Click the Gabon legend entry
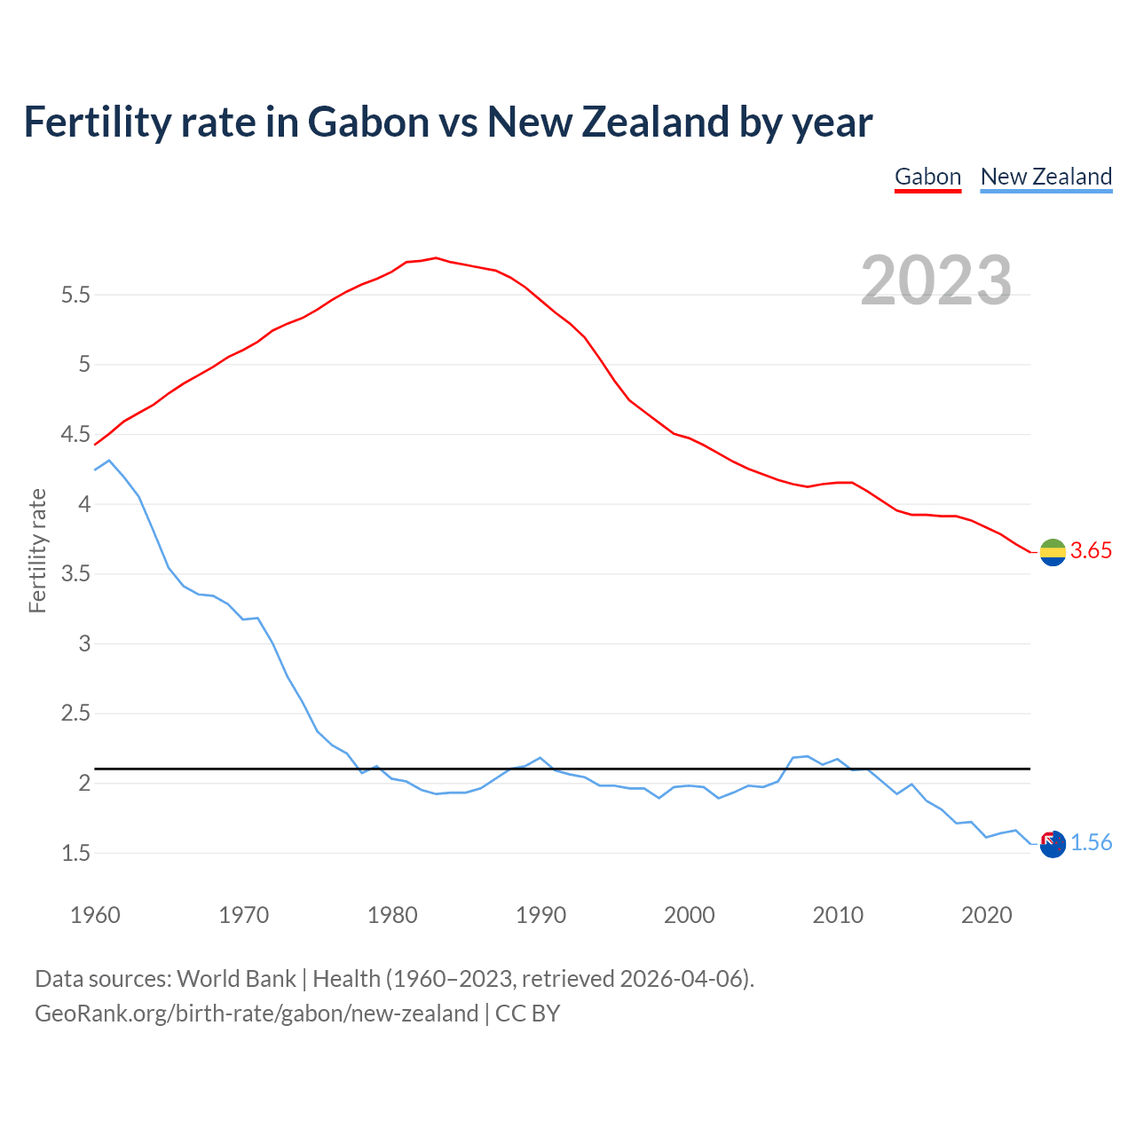(927, 177)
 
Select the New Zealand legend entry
(1045, 177)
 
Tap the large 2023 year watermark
(935, 280)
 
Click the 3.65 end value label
(1091, 551)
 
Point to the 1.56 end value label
(1091, 843)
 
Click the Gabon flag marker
(1053, 552)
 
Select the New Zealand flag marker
(1053, 844)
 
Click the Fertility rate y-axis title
(37, 550)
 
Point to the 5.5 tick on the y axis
(75, 295)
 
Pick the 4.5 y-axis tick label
(75, 434)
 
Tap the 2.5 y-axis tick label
(75, 714)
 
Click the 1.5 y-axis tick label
(75, 853)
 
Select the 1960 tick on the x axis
(95, 915)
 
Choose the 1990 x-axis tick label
(540, 915)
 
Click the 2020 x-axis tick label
(986, 915)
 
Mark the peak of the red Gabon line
(436, 258)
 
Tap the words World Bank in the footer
(236, 979)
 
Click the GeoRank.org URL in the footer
(256, 1014)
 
